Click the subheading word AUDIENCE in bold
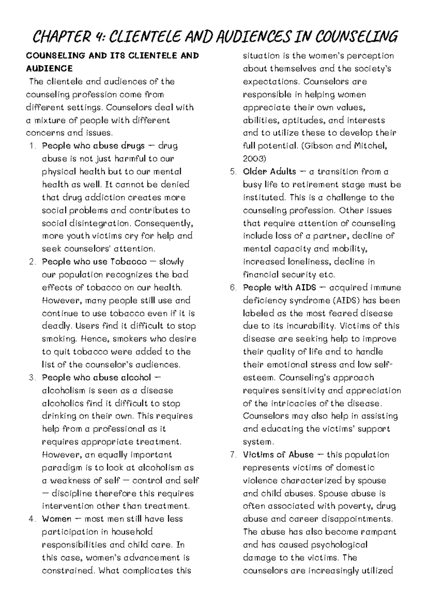tap(49, 68)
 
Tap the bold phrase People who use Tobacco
tap(94, 262)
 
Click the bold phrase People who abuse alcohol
tap(96, 378)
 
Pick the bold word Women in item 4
tap(57, 519)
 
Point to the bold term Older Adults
tap(269, 172)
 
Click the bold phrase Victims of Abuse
tap(278, 455)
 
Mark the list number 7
tap(233, 455)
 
